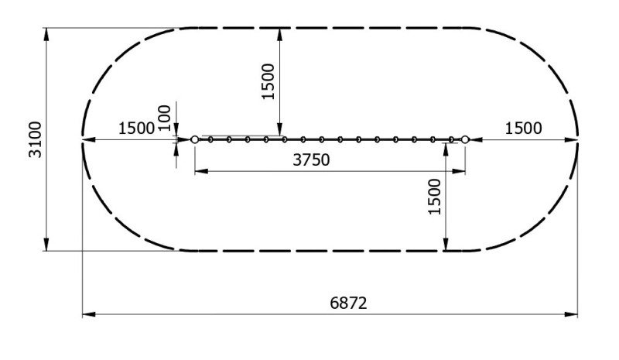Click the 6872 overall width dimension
pos(348,303)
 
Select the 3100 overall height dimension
pos(35,139)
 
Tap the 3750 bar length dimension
pos(311,159)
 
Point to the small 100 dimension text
pos(164,118)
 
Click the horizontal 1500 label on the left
pos(136,128)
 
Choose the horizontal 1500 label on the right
pos(524,128)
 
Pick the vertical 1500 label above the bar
pos(268,81)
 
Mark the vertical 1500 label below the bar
pos(434,197)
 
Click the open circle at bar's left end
pos(195,139)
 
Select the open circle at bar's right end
pos(465,139)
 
